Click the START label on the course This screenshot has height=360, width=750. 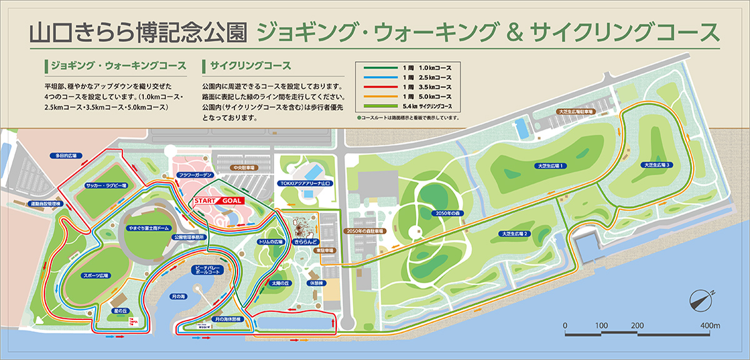pos(206,201)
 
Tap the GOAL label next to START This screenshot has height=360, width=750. pos(231,201)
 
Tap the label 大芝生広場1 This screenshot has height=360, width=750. pos(550,166)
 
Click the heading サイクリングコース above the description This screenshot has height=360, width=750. pos(251,66)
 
